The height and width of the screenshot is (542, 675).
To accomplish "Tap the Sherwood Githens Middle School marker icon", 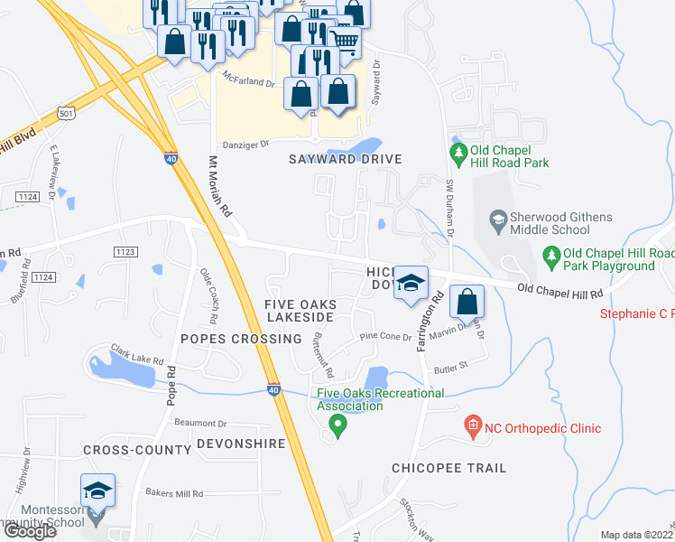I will pyautogui.click(x=497, y=219).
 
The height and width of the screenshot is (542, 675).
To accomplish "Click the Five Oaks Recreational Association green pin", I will pyautogui.click(x=338, y=425).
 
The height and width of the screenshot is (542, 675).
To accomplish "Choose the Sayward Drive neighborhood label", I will pyautogui.click(x=344, y=159).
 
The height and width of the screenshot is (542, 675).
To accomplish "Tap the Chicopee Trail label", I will pyautogui.click(x=448, y=468).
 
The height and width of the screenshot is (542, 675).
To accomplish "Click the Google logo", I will pyautogui.click(x=30, y=531).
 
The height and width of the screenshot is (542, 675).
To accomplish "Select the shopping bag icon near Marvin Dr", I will pyautogui.click(x=467, y=302).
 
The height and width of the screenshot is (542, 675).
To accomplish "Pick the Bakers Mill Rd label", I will pyautogui.click(x=174, y=494).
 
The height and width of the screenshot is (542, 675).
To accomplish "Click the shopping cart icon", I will pyautogui.click(x=344, y=41).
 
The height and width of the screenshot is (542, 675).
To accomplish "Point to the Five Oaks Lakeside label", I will pyautogui.click(x=300, y=311).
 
